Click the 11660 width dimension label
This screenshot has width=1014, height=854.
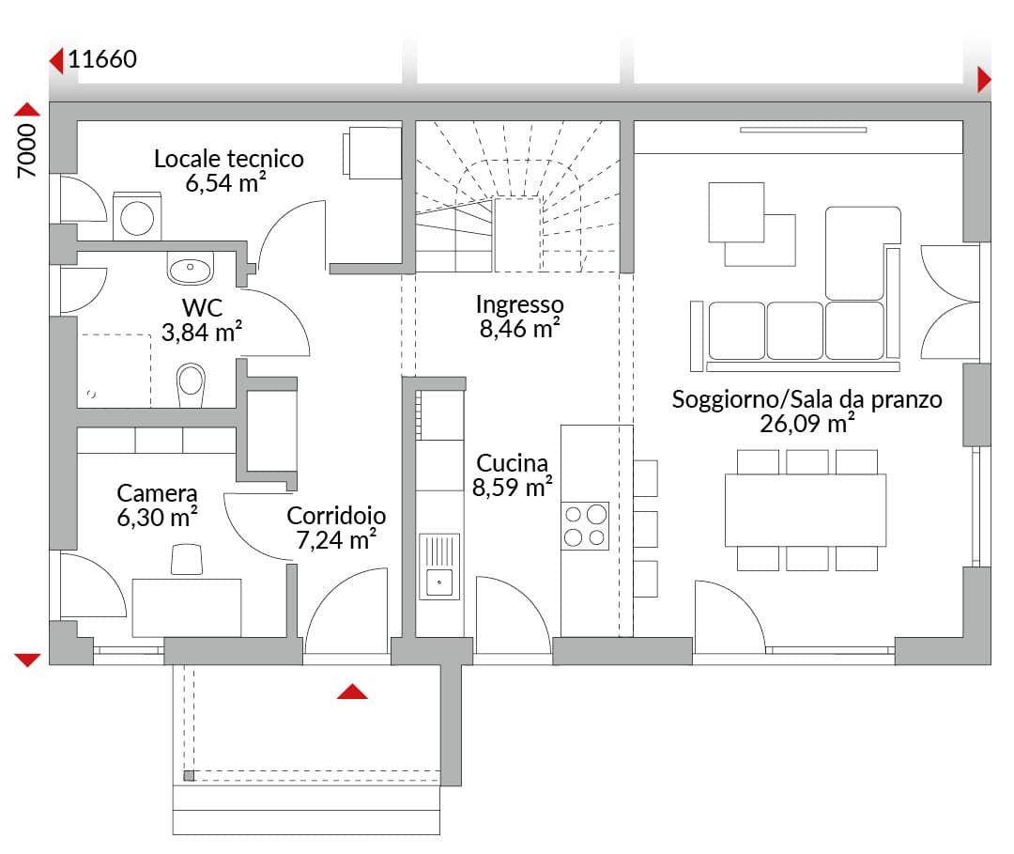(x=102, y=59)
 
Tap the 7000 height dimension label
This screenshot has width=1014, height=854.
(x=27, y=150)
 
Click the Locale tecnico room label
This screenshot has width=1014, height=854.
(x=229, y=159)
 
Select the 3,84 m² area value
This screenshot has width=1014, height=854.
(x=202, y=332)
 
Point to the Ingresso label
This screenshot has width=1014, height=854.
(x=519, y=304)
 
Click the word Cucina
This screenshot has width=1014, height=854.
(x=513, y=463)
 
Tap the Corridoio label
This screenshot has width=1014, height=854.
(x=336, y=516)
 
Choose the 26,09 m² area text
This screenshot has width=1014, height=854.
(x=807, y=424)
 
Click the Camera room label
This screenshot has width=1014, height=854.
(x=157, y=493)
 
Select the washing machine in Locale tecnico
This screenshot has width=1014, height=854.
(x=137, y=216)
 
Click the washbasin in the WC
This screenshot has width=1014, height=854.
(x=190, y=267)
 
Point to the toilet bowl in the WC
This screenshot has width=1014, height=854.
(x=191, y=384)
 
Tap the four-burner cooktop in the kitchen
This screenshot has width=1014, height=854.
(x=585, y=526)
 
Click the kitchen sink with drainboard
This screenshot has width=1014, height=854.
(x=439, y=567)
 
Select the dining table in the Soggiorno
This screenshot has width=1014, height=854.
(x=806, y=510)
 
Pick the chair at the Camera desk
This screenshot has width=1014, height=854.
(x=187, y=560)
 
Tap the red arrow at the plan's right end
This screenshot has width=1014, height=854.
(x=984, y=80)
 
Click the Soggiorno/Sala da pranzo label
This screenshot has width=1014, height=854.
(x=807, y=399)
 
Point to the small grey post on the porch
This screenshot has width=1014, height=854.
(x=189, y=776)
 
